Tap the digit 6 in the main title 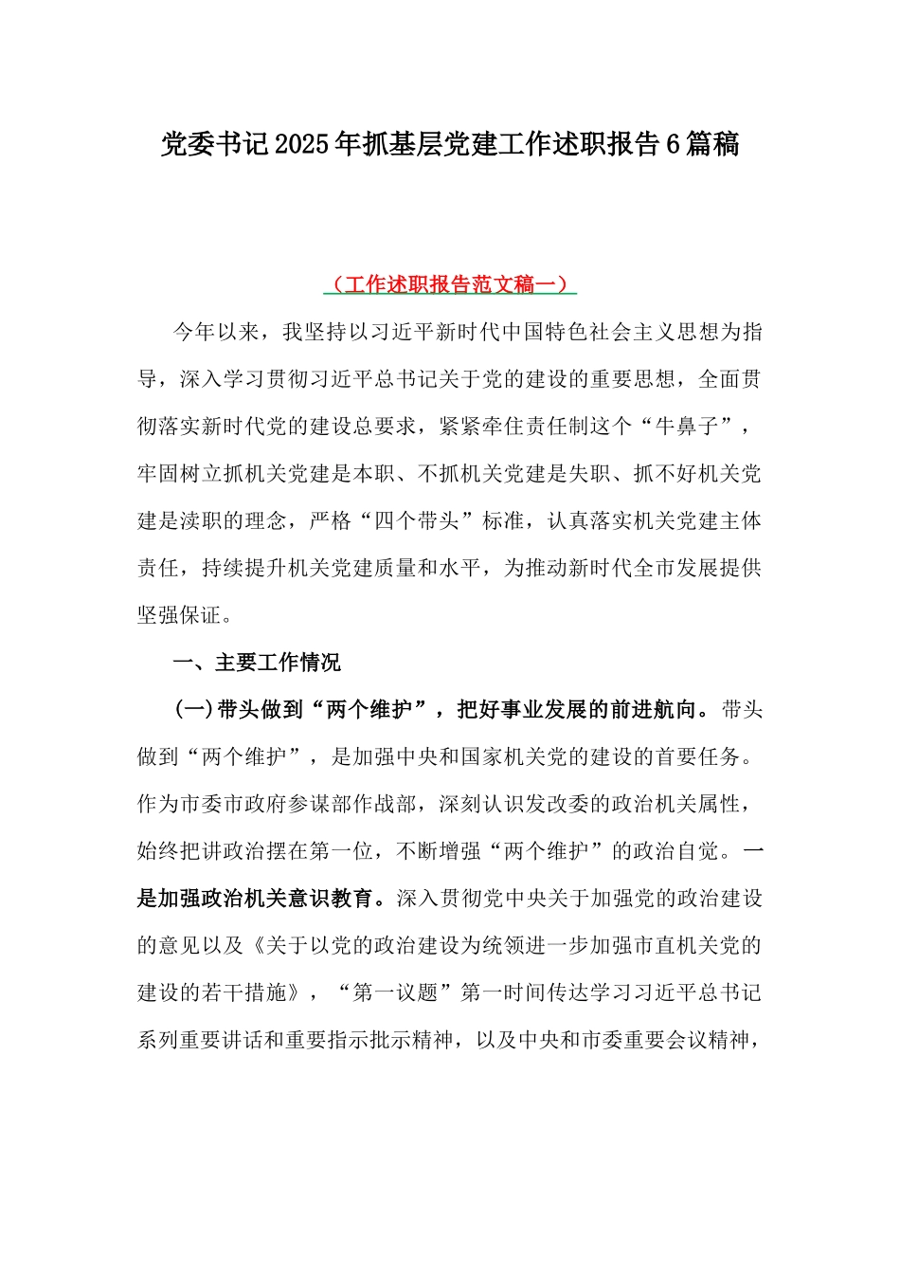click(673, 145)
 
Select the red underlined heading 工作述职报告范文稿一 click(450, 284)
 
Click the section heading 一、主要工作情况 click(257, 663)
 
